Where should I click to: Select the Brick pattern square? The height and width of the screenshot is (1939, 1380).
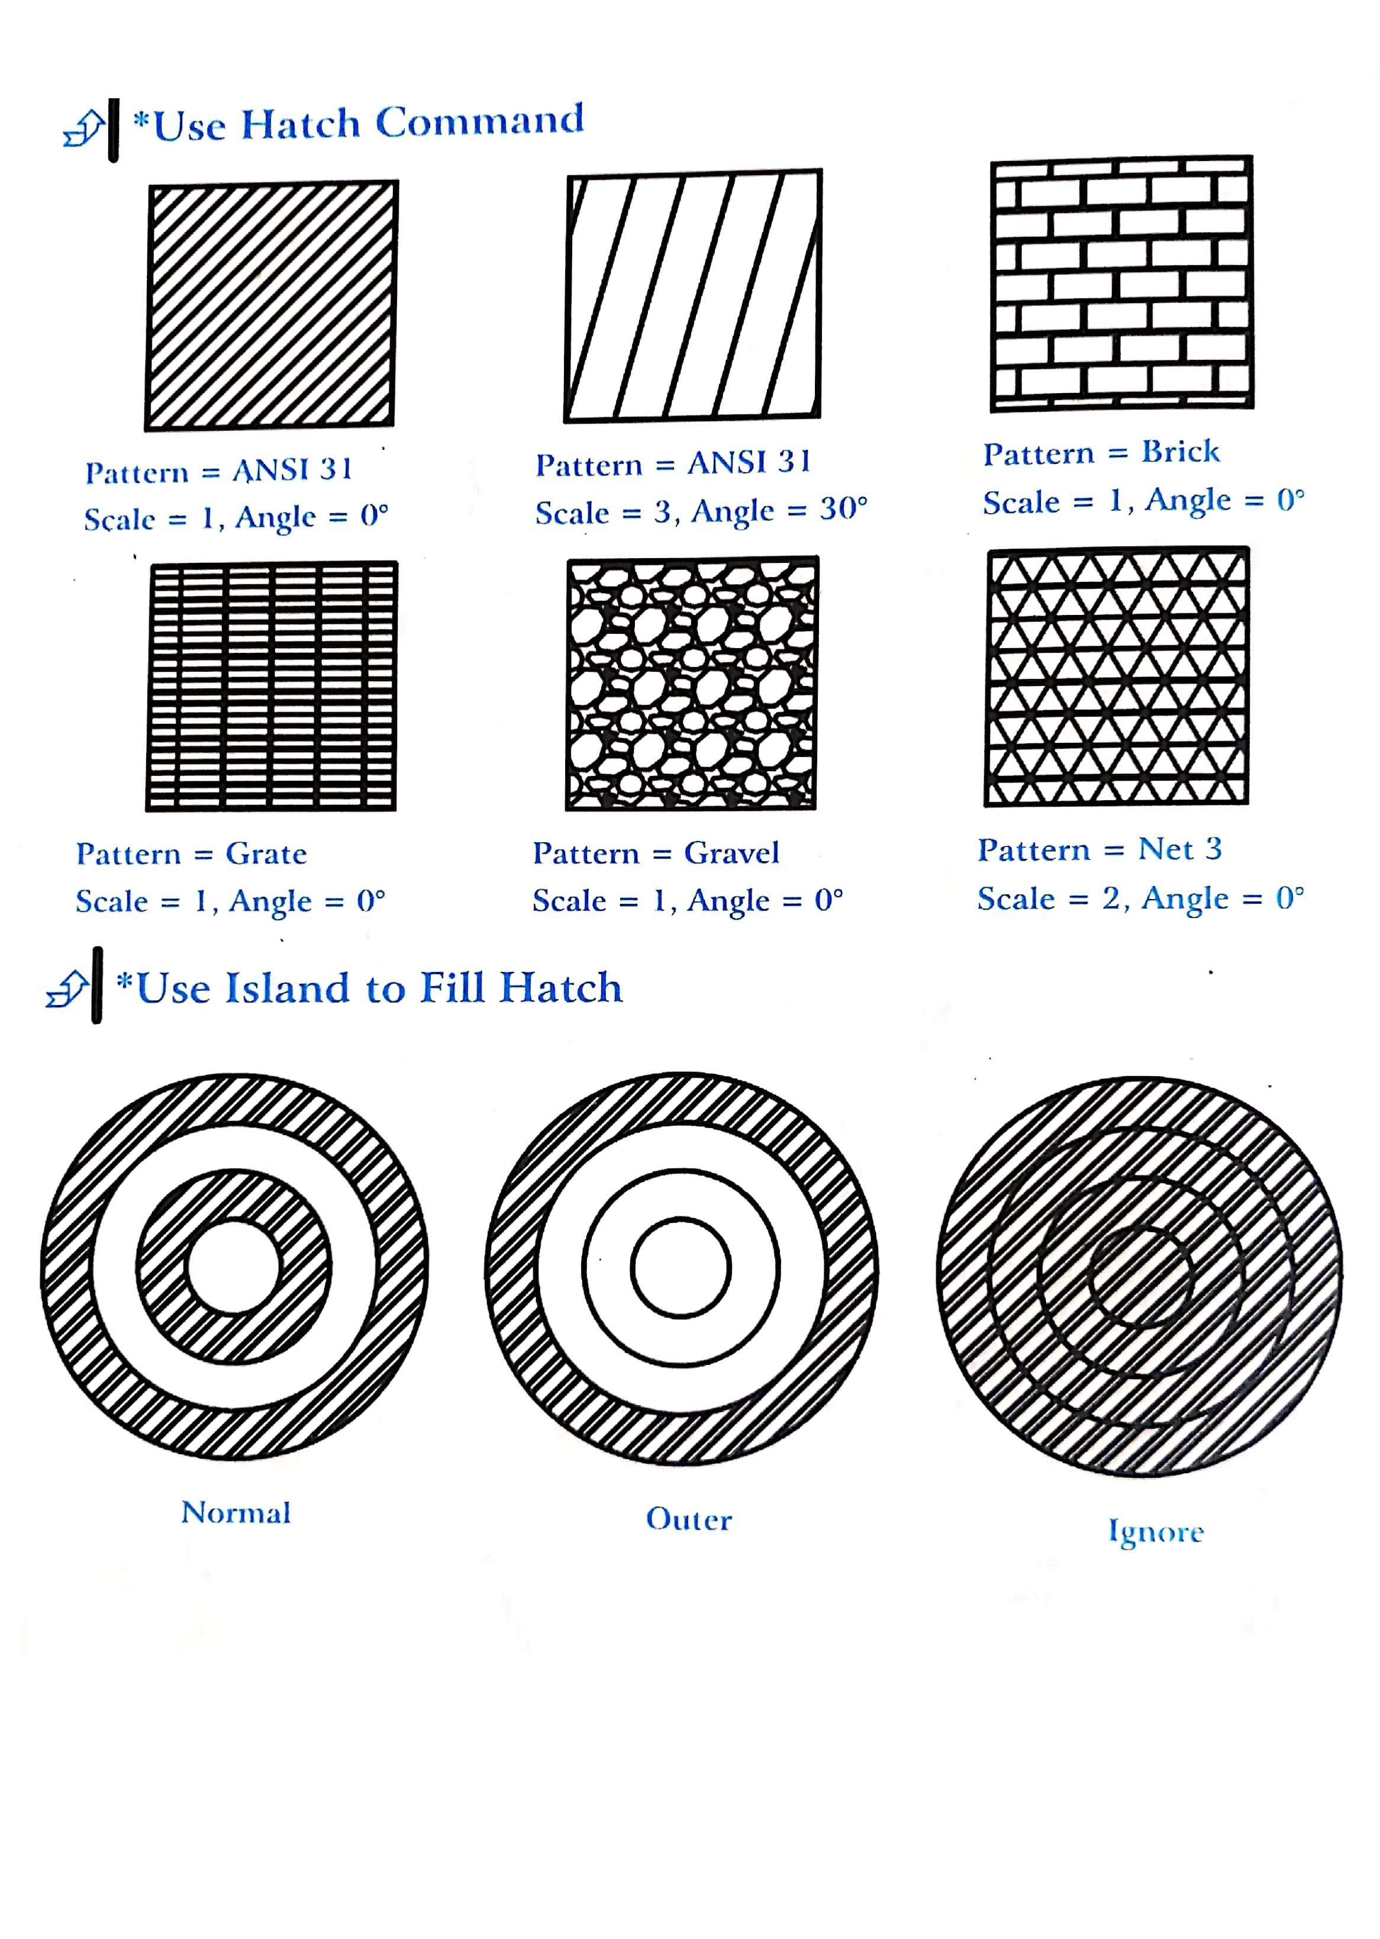tap(1121, 283)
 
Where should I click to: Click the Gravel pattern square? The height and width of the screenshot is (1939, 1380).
tap(692, 683)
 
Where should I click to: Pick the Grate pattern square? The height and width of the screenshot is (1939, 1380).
tap(272, 687)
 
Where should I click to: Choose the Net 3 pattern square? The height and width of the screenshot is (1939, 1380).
tap(1117, 677)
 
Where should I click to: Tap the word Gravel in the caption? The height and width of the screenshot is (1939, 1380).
tap(731, 852)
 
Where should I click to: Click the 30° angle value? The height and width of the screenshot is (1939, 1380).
tap(844, 509)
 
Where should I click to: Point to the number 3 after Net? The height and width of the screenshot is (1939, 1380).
tap(1214, 848)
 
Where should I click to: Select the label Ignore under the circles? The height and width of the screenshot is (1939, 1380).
tap(1156, 1532)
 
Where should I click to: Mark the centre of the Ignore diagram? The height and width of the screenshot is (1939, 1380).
tap(1140, 1277)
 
